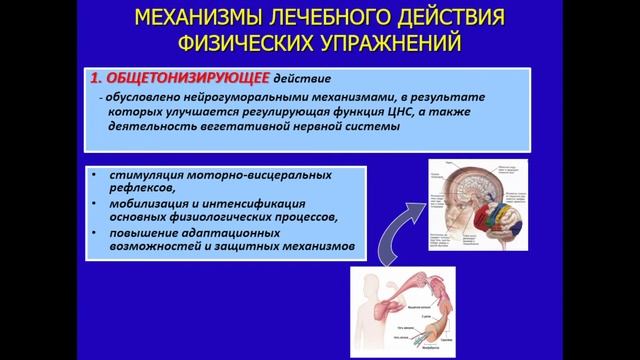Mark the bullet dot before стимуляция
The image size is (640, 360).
pos(93,171)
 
